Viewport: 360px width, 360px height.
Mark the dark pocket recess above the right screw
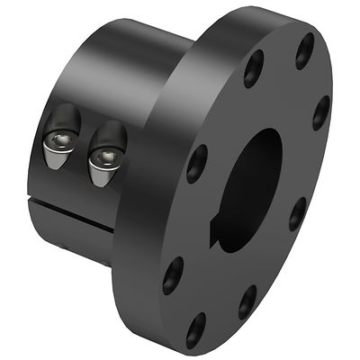110,135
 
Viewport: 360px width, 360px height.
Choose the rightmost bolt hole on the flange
321,113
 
